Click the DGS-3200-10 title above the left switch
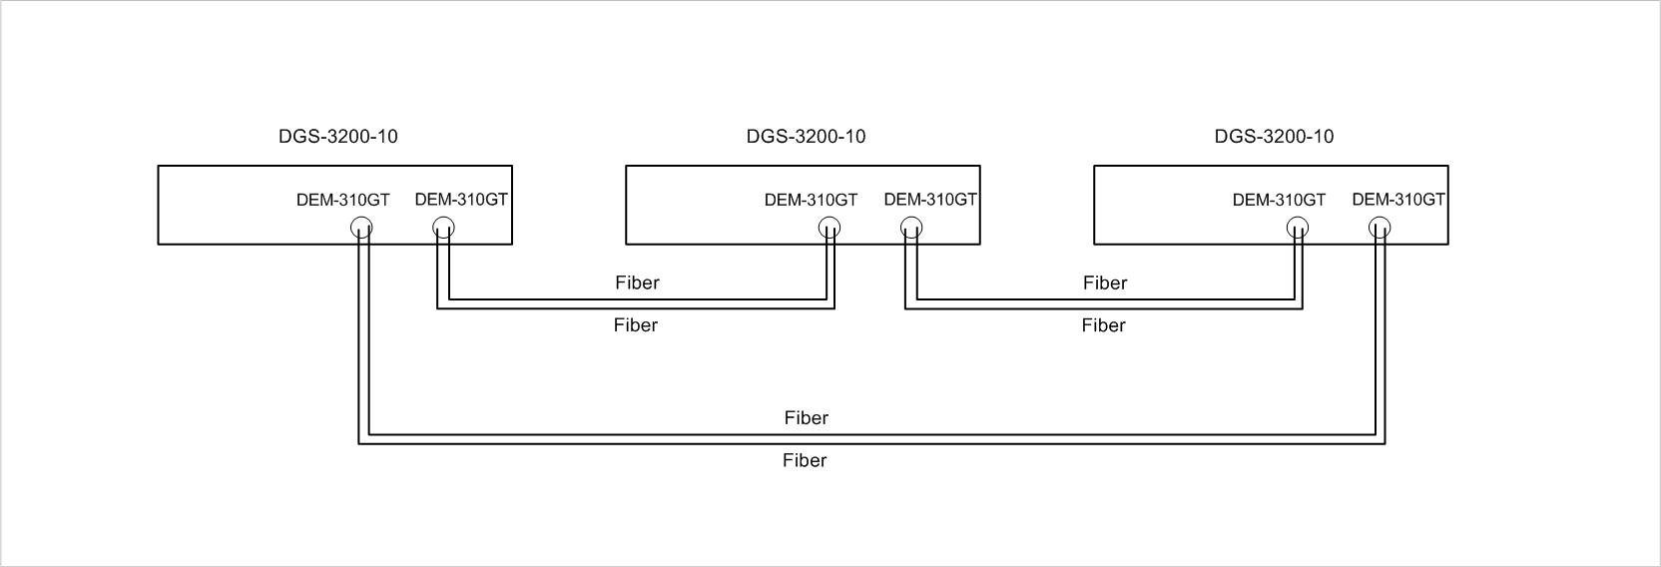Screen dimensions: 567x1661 [x=337, y=137]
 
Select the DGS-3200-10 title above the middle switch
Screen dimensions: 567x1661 [x=806, y=137]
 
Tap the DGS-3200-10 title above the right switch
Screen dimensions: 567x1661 [x=1274, y=137]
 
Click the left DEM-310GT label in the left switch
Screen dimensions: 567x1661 [x=342, y=200]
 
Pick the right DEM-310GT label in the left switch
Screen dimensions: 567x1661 [x=461, y=200]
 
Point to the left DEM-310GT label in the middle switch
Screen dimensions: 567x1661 [x=811, y=200]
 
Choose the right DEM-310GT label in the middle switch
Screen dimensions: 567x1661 [x=930, y=200]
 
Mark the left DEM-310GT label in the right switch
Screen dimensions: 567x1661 [x=1279, y=200]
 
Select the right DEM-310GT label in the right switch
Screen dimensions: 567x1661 [x=1398, y=200]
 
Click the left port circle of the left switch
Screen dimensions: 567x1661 [x=362, y=229]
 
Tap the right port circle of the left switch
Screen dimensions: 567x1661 [x=443, y=229]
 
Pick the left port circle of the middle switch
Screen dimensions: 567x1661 [x=830, y=229]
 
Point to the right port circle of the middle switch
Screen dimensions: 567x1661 [x=911, y=229]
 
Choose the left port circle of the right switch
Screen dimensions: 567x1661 [x=1298, y=229]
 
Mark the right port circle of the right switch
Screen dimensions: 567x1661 [x=1380, y=229]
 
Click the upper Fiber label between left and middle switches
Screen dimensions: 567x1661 [x=637, y=283]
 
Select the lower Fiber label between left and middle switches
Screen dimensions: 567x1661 [x=635, y=325]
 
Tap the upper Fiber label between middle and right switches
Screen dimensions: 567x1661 [x=1105, y=283]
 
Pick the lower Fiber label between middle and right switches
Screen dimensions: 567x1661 [x=1103, y=325]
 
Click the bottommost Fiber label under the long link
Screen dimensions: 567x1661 [x=805, y=460]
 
